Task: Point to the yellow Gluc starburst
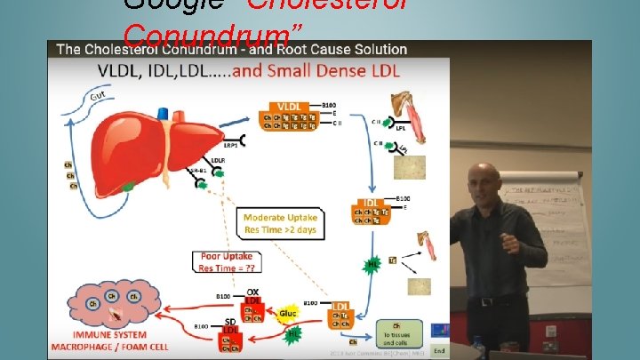coord(287,314)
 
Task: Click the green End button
coord(438,349)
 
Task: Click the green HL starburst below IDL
coord(373,264)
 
